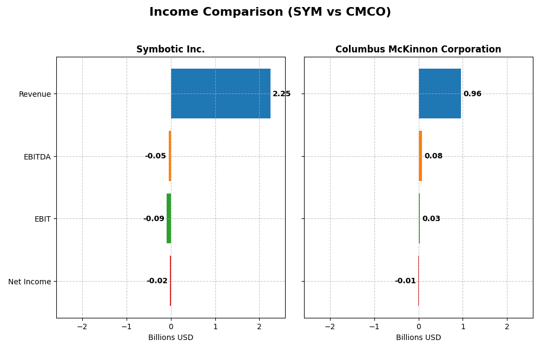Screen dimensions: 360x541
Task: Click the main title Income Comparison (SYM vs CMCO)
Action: click(270, 12)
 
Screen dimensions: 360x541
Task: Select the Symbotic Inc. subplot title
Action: click(170, 49)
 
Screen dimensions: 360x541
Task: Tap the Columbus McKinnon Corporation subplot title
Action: click(418, 49)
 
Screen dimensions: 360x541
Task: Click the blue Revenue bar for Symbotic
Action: click(220, 94)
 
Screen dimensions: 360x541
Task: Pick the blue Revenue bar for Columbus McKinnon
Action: click(439, 94)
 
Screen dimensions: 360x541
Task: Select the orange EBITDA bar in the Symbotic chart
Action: click(170, 156)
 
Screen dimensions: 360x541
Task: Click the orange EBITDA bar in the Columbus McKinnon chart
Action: click(420, 156)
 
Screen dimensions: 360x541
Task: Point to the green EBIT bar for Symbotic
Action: click(169, 218)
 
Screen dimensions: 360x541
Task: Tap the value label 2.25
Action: click(281, 94)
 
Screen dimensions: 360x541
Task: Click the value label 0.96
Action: click(472, 94)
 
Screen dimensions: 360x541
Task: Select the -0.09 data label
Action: click(154, 219)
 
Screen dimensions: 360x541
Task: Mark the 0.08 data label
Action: click(433, 156)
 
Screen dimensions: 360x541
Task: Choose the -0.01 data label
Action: click(405, 281)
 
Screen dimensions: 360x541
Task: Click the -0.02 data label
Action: click(157, 281)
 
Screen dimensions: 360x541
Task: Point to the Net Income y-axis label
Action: click(30, 282)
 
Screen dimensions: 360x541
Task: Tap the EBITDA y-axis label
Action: click(37, 157)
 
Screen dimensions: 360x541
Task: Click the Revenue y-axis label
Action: click(35, 94)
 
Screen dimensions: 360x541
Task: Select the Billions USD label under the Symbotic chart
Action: click(170, 338)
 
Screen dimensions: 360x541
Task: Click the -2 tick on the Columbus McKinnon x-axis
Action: click(330, 327)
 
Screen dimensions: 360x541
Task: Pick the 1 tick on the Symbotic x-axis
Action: click(215, 327)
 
